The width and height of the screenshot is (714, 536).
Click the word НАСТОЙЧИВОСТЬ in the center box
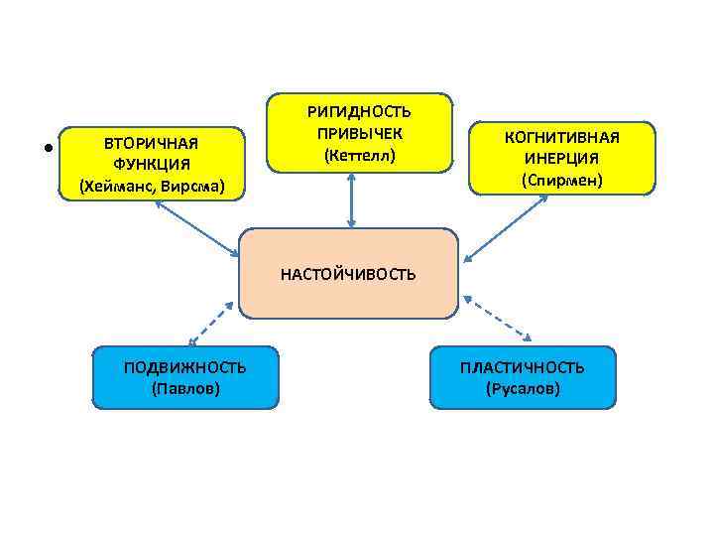[x=348, y=274]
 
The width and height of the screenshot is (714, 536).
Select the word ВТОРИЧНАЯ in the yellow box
[x=152, y=143]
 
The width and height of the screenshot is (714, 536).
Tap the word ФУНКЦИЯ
[x=152, y=164]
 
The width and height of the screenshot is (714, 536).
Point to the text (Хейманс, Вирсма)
[x=152, y=186]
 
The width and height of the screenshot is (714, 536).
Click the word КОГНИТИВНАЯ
[x=561, y=137]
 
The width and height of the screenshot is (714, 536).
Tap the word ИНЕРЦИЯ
[x=561, y=159]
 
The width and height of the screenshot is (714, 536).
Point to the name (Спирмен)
[x=561, y=181]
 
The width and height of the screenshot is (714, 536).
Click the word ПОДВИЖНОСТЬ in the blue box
[x=184, y=367]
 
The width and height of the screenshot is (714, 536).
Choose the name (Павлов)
[x=184, y=388]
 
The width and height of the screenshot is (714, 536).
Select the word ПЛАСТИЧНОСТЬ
[x=522, y=367]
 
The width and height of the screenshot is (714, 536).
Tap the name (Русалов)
[x=522, y=388]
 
